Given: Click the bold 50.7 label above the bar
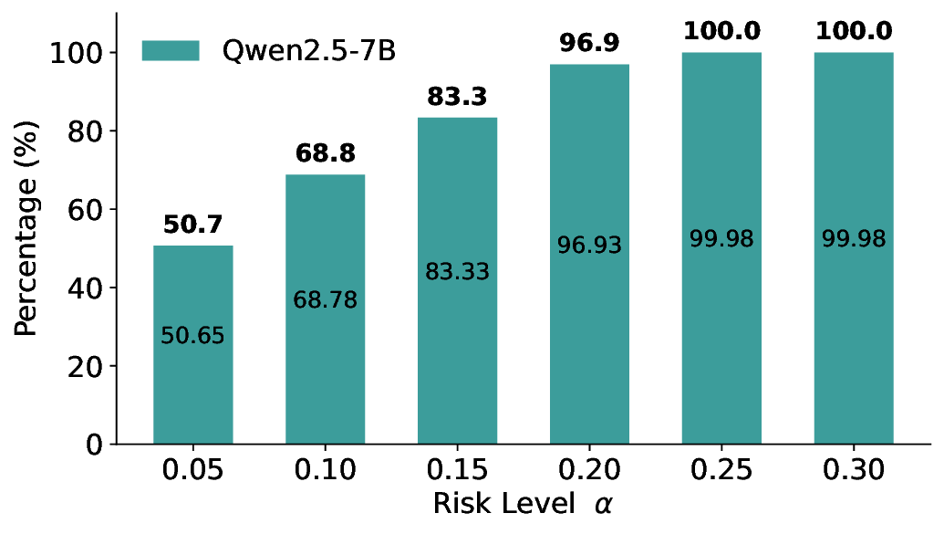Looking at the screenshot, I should coord(192,225).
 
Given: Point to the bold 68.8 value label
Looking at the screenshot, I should coord(325,153).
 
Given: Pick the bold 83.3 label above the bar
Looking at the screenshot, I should coord(457,97).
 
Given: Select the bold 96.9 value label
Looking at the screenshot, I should coord(589,43).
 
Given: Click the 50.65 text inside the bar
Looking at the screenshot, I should coord(192,336).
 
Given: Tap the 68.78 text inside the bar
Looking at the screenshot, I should coord(325,299).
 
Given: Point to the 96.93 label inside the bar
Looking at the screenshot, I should coord(589,245).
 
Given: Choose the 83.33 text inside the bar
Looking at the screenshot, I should coord(457,272).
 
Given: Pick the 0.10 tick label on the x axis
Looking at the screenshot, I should coord(325,471).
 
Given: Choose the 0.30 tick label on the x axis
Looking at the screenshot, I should coord(854,471).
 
